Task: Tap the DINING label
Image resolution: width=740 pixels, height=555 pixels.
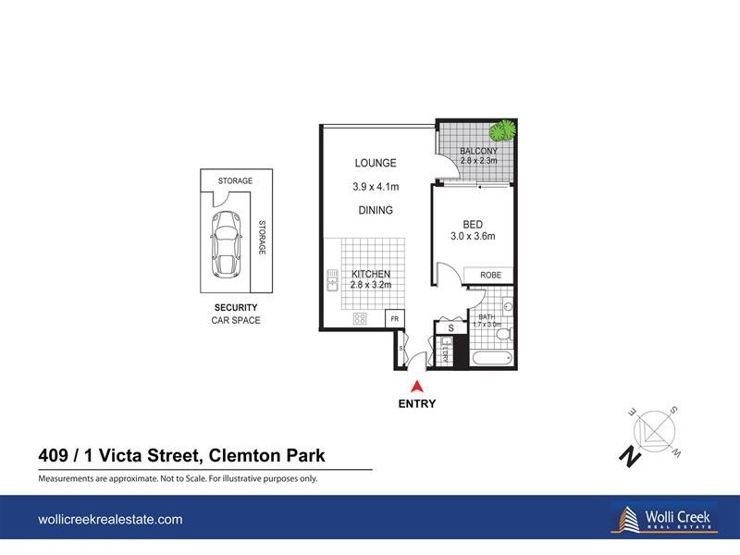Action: coord(375,210)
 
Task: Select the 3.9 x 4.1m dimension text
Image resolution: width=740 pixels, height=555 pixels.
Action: coord(375,187)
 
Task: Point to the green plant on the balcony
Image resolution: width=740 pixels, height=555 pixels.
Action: coord(502,131)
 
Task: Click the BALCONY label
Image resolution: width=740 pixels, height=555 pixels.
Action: coord(478,152)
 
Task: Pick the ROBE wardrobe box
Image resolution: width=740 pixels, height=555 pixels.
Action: coord(490,275)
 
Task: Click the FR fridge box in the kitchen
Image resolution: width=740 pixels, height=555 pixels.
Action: coord(394,318)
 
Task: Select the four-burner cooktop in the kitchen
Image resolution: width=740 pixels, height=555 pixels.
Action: coord(359,318)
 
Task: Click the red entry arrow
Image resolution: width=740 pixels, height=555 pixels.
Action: coord(417,387)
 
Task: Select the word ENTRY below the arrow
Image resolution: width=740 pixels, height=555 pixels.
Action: coord(417,403)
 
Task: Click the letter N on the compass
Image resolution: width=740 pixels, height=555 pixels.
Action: coord(629,454)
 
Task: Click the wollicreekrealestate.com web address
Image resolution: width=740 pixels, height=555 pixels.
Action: coord(110,521)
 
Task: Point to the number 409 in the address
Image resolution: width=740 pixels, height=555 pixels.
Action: coord(55,455)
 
